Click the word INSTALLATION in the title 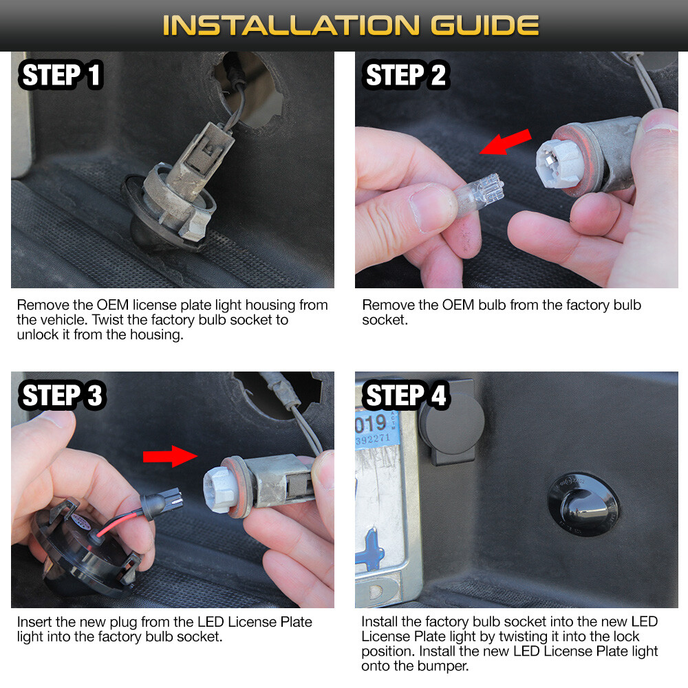pyautogui.click(x=291, y=25)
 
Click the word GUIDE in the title pyautogui.click(x=485, y=25)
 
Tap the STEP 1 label pyautogui.click(x=61, y=75)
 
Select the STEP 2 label pyautogui.click(x=405, y=75)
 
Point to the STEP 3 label pyautogui.click(x=61, y=396)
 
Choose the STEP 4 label pyautogui.click(x=405, y=396)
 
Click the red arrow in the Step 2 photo pyautogui.click(x=506, y=142)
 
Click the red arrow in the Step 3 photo pyautogui.click(x=170, y=456)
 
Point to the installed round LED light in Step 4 pyautogui.click(x=584, y=504)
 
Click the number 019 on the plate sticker pyautogui.click(x=372, y=424)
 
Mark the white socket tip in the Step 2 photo pyautogui.click(x=555, y=163)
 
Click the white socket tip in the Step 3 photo pyautogui.click(x=220, y=488)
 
